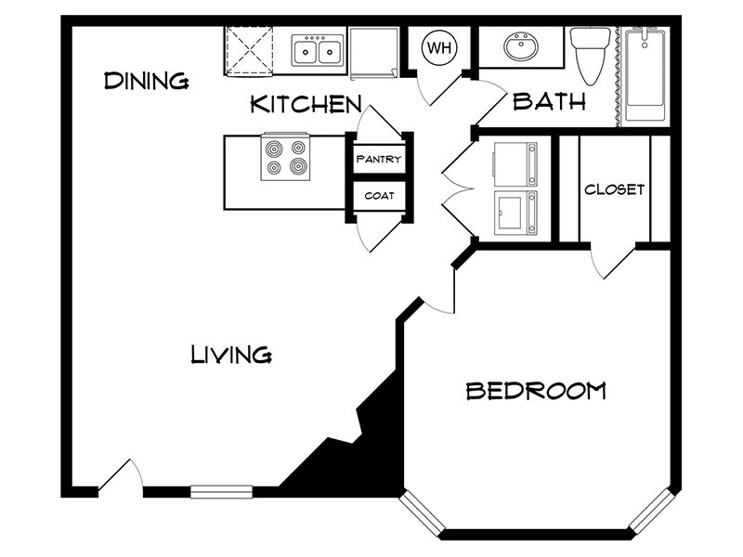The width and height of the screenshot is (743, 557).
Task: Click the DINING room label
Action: pos(146,81)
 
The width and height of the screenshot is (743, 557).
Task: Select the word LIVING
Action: pos(230,354)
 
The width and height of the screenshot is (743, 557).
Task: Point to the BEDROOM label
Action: pos(535,391)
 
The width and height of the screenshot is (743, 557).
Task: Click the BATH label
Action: pos(550,101)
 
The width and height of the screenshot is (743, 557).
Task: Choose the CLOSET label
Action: pos(614,189)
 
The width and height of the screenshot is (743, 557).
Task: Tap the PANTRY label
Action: pos(379,159)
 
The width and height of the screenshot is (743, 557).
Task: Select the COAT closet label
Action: pos(379,196)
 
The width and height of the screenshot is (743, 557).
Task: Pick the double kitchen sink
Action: pos(318,50)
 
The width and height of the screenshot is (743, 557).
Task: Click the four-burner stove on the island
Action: pos(285,157)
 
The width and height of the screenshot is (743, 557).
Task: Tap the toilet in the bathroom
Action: pos(589,54)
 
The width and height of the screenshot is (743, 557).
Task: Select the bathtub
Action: pos(645,74)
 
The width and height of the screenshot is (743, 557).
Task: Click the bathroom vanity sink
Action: pos(519,46)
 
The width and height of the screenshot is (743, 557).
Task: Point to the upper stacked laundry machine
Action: pos(515,164)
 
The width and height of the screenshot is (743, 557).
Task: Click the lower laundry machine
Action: pos(515,213)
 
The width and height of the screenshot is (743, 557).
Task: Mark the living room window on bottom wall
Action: pos(221,492)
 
